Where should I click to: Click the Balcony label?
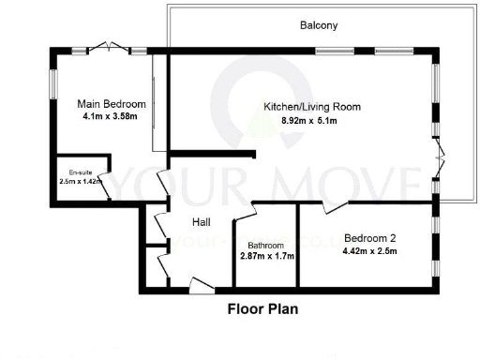[318, 25]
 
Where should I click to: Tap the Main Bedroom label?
[112, 103]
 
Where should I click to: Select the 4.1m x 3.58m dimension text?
[111, 117]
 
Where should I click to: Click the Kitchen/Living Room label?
[298, 107]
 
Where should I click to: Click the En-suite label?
[80, 172]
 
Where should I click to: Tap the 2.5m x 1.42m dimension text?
[79, 182]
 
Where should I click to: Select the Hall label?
[201, 222]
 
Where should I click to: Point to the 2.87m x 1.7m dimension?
[267, 255]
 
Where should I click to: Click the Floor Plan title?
[263, 308]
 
